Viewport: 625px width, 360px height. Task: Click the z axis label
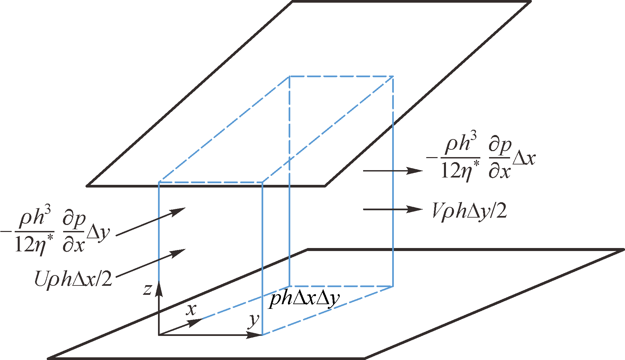click(148, 289)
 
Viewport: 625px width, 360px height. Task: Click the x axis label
click(191, 310)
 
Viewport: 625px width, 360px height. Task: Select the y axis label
click(254, 321)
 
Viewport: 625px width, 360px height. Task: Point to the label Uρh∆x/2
click(73, 278)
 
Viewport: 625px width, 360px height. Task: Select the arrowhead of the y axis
click(254, 335)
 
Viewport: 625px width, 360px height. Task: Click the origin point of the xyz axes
click(159, 335)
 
